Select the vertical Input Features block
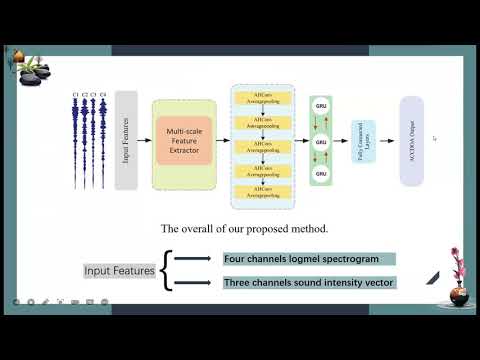pos(126,140)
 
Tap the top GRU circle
pos(322,104)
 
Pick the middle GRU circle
pos(322,142)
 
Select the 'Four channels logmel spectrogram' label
pos(309,259)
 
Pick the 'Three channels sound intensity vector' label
pos(309,283)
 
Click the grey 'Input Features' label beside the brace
pos(119,271)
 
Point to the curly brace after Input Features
pos(167,271)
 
